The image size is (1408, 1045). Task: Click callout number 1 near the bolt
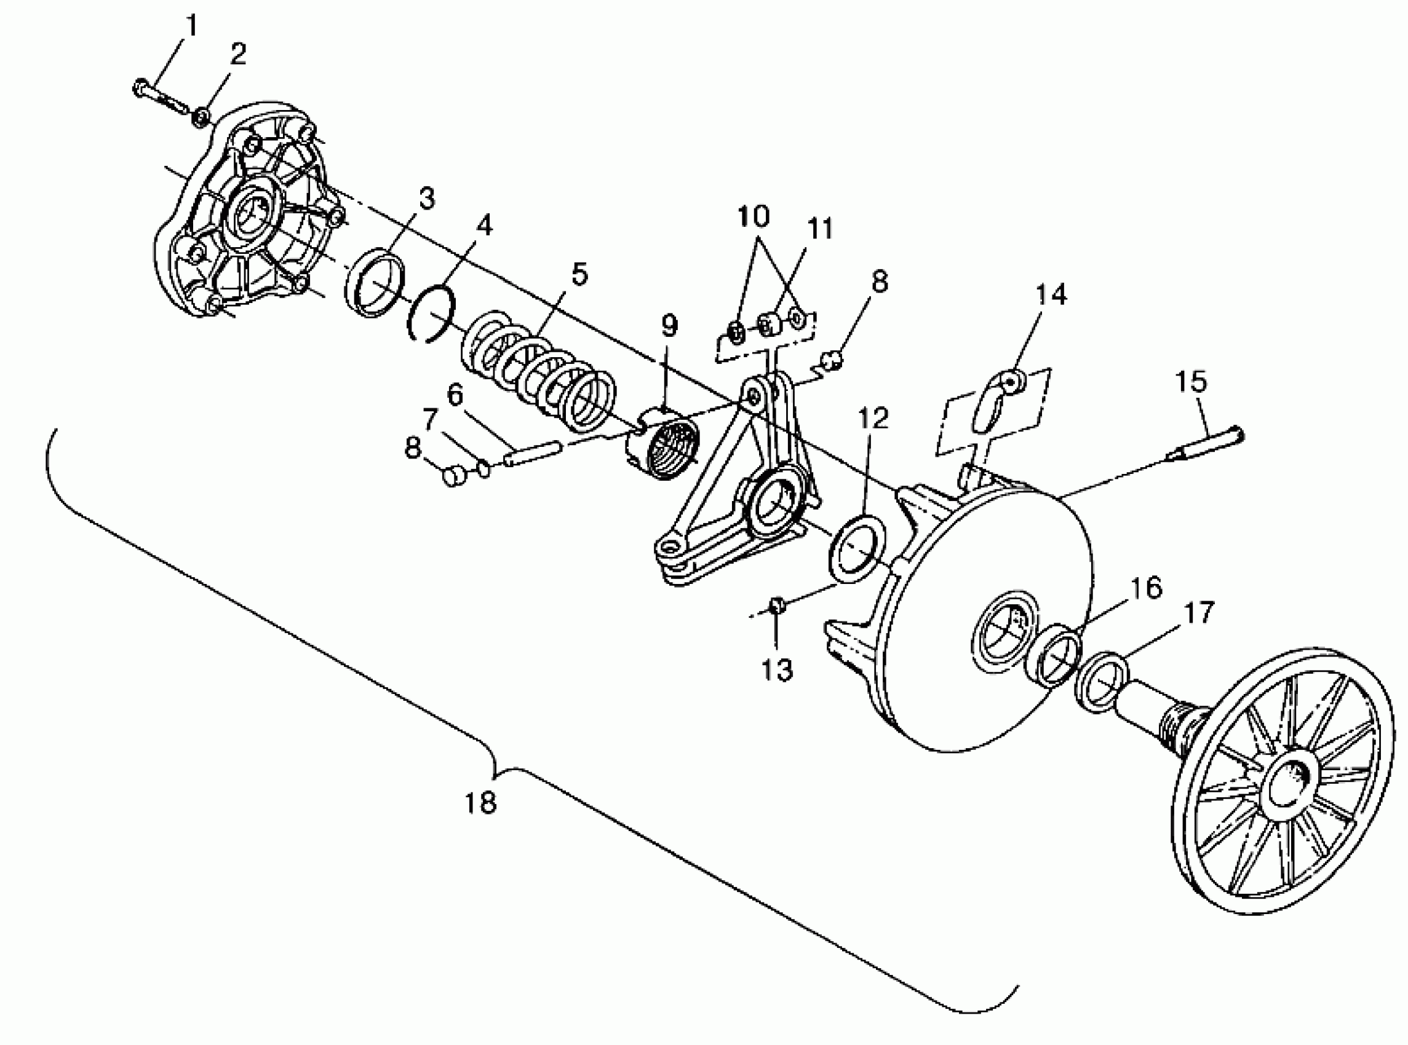pos(191,26)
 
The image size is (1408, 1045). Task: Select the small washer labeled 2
pos(202,117)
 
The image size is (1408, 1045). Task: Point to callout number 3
pos(427,199)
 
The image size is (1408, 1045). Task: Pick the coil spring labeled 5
pos(538,373)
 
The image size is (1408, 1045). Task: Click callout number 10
pos(753,217)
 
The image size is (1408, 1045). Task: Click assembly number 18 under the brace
pos(480,803)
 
